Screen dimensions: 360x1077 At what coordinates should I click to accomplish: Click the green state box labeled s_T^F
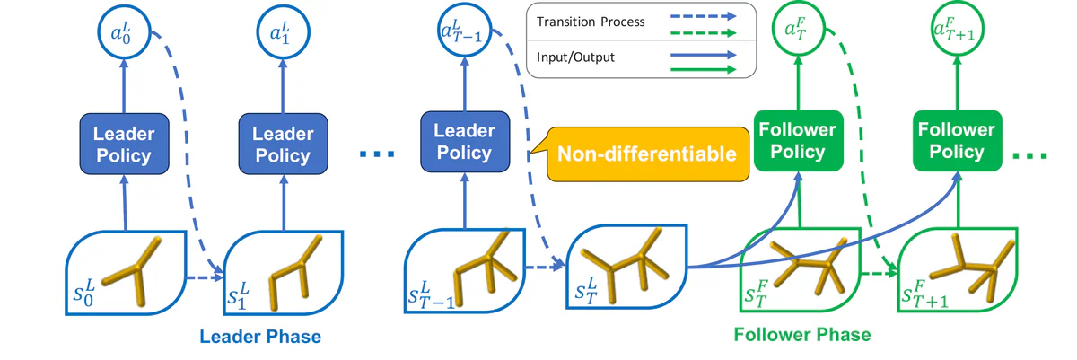(x=798, y=268)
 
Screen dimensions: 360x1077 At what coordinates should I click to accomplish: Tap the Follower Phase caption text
(x=801, y=335)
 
